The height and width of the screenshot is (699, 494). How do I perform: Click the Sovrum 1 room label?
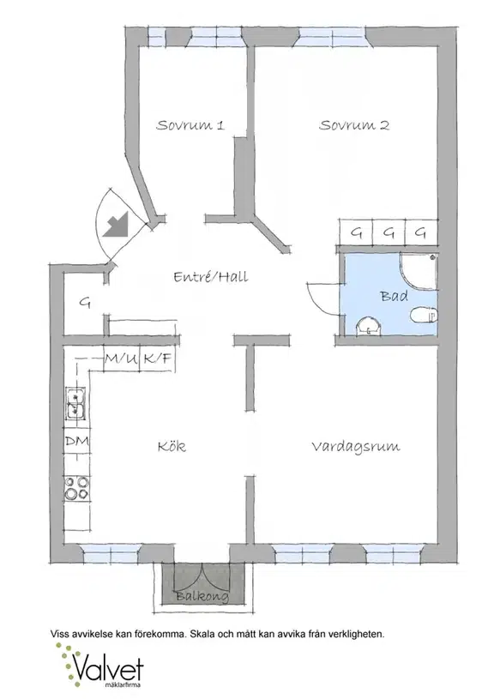click(x=190, y=125)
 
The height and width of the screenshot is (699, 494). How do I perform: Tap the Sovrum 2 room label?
click(x=354, y=125)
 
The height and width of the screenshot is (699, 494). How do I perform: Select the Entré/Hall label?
click(x=210, y=277)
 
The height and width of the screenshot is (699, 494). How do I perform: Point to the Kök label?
click(x=172, y=446)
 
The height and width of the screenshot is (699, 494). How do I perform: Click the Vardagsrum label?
click(x=355, y=447)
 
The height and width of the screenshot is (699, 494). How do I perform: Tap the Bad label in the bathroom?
click(x=394, y=296)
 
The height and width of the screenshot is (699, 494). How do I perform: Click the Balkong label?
click(x=202, y=596)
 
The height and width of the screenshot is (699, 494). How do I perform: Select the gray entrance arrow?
click(x=116, y=224)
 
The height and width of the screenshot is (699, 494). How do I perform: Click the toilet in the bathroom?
click(x=424, y=315)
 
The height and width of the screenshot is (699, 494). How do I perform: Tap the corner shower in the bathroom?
click(x=419, y=272)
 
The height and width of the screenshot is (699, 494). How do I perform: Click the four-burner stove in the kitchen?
click(x=76, y=488)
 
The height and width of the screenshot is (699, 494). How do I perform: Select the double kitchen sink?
click(x=76, y=403)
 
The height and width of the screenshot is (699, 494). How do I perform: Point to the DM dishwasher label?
click(x=76, y=442)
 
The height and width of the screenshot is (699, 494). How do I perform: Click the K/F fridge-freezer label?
click(x=158, y=358)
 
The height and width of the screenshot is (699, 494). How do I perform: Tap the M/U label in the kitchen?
click(x=121, y=358)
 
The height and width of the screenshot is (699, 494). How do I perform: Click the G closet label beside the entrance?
click(x=85, y=303)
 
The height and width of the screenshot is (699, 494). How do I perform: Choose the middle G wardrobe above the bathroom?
click(x=389, y=232)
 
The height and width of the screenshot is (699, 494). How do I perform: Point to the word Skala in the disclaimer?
click(x=202, y=634)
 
